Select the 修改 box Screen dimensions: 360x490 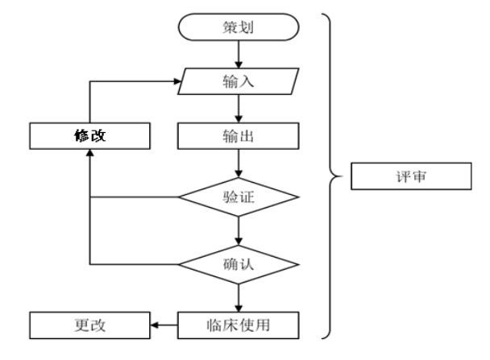pos(88,136)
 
